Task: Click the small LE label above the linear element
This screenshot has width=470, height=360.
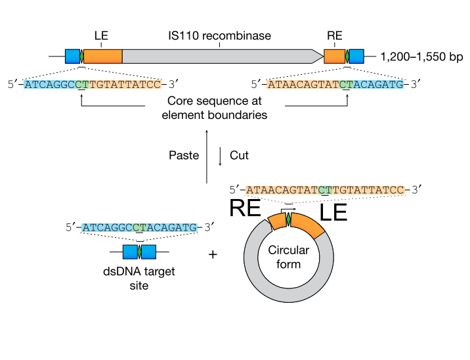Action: point(101,35)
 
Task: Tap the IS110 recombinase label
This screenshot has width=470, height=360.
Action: point(219,35)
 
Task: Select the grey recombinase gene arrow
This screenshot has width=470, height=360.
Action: point(223,56)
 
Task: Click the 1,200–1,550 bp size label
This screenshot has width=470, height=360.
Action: point(421,56)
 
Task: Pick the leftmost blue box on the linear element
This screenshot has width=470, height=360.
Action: point(73,56)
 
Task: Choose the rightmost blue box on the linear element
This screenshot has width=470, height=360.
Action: point(356,56)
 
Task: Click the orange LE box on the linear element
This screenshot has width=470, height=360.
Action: point(103,56)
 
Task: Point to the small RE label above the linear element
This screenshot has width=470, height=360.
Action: point(335,35)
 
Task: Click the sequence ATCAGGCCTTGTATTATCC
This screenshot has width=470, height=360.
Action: point(93,84)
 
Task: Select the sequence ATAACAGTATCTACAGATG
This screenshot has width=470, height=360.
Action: point(335,84)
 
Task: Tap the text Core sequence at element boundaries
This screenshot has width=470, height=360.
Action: point(215,108)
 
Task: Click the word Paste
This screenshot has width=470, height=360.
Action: point(184,156)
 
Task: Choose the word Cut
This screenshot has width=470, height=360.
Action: point(239,156)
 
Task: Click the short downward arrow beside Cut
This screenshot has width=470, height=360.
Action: point(221,156)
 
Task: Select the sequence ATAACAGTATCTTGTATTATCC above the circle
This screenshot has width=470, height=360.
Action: point(325,190)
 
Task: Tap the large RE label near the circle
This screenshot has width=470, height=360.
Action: point(246,208)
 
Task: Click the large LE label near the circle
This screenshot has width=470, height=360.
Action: point(333,212)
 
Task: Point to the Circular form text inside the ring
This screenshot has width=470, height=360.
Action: point(288,257)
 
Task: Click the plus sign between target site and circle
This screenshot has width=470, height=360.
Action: point(213,255)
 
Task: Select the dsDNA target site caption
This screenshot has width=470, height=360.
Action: point(139,278)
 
